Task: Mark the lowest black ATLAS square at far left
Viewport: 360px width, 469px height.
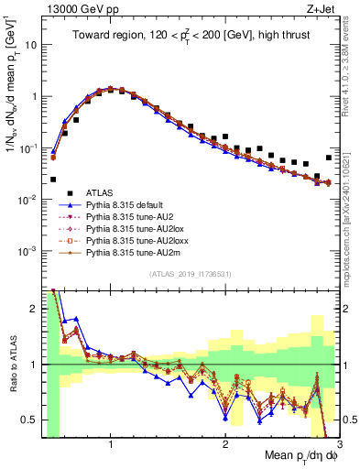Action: click(53, 180)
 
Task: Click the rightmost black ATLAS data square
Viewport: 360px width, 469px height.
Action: click(328, 158)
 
